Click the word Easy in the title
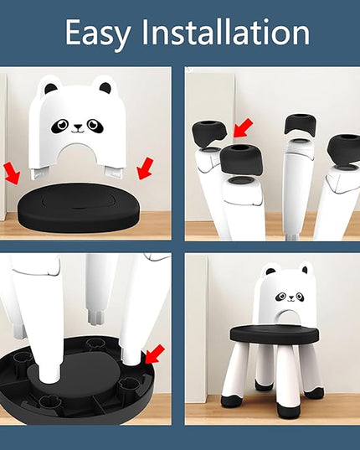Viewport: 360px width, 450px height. (x=98, y=34)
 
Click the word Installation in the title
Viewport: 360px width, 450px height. (x=226, y=31)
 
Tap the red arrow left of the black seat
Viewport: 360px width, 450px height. (x=13, y=173)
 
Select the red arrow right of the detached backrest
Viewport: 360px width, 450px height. (x=146, y=168)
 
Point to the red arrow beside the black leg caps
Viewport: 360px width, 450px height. (x=243, y=127)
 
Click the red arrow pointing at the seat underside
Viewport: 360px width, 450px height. (x=155, y=354)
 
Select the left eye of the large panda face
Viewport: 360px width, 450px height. (x=59, y=126)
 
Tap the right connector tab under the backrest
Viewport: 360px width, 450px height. (x=114, y=172)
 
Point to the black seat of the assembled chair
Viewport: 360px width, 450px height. (x=275, y=334)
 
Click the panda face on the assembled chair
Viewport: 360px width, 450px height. (x=291, y=297)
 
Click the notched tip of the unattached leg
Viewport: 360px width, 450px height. (x=95, y=317)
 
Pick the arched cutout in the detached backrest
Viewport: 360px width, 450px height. (x=77, y=153)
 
